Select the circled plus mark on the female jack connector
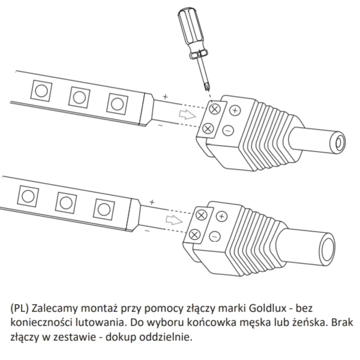tap(235, 111)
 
